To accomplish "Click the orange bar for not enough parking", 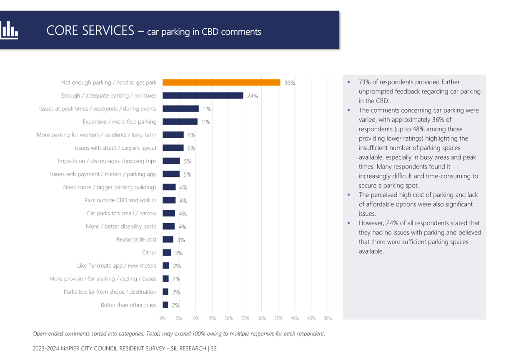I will click(221, 82).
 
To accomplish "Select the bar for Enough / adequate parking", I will click(203, 96).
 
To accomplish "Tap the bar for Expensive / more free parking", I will click(180, 122).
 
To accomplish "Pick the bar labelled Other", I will click(166, 253).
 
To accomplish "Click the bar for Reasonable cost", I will click(168, 239).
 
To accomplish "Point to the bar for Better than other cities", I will click(165, 305).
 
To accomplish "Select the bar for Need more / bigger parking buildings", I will click(169, 187).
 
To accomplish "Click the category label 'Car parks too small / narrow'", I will click(121, 214).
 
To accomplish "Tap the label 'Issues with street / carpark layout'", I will click(116, 148).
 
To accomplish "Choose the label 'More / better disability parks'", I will click(121, 227).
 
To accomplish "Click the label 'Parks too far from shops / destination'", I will click(110, 292).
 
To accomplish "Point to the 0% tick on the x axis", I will click(163, 318).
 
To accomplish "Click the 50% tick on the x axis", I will click(328, 318).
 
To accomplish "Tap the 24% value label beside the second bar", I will click(252, 96).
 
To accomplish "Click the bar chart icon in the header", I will click(9, 30).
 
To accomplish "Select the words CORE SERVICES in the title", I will click(90, 31).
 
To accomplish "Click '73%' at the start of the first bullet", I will click(365, 82).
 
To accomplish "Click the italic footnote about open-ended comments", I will click(178, 334).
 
